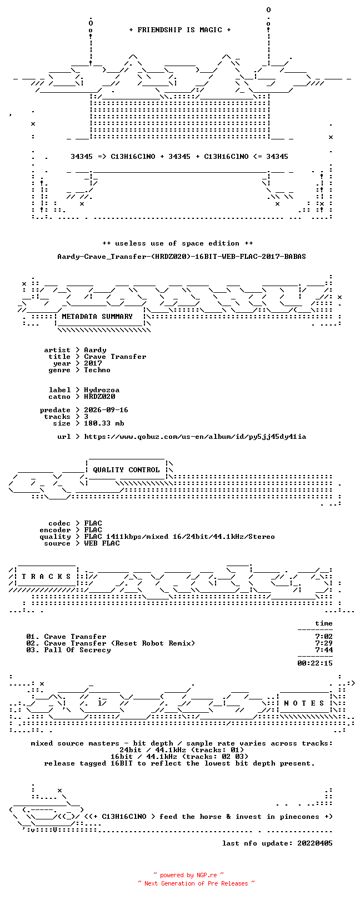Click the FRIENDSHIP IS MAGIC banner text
click(179, 30)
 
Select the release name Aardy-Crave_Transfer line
click(182, 256)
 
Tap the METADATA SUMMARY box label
click(97, 317)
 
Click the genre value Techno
click(97, 370)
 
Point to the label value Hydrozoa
click(102, 390)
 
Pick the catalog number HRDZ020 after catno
click(99, 397)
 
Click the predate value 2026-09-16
click(106, 410)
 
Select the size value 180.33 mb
click(104, 423)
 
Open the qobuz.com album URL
click(195, 437)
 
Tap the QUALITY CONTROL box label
click(126, 470)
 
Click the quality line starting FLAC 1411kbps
click(179, 537)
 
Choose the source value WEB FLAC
click(102, 543)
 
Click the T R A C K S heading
click(46, 577)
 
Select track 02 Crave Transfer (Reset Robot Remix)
click(111, 643)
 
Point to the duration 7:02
click(324, 637)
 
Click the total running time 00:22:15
click(315, 663)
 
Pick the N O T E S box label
click(304, 703)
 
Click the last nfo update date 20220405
click(315, 843)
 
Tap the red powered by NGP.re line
click(188, 875)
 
